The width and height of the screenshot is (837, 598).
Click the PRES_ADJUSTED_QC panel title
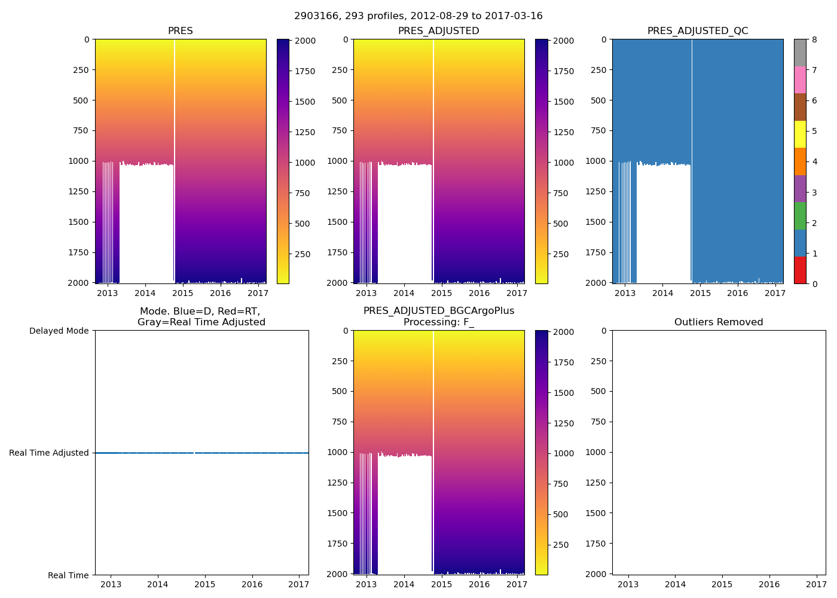click(x=698, y=31)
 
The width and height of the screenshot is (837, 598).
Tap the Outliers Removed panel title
click(x=719, y=322)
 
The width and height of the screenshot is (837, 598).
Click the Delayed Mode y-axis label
click(x=59, y=331)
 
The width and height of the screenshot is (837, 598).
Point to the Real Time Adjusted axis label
click(x=49, y=453)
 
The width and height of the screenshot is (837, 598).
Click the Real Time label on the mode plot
click(x=68, y=575)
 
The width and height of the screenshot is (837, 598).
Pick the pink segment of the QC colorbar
click(x=800, y=80)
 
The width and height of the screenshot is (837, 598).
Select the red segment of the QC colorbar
click(x=800, y=270)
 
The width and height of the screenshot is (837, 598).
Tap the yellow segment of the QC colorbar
click(x=800, y=134)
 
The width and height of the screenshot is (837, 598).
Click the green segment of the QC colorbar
click(x=800, y=216)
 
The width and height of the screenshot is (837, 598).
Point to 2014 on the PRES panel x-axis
click(x=145, y=293)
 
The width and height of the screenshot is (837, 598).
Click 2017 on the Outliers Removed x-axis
click(x=816, y=584)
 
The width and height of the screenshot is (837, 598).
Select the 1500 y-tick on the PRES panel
click(x=79, y=222)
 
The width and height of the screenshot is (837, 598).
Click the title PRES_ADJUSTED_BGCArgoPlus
click(x=439, y=311)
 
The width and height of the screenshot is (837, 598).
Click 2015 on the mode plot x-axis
click(x=204, y=584)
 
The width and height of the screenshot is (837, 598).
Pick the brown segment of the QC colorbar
click(x=800, y=107)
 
